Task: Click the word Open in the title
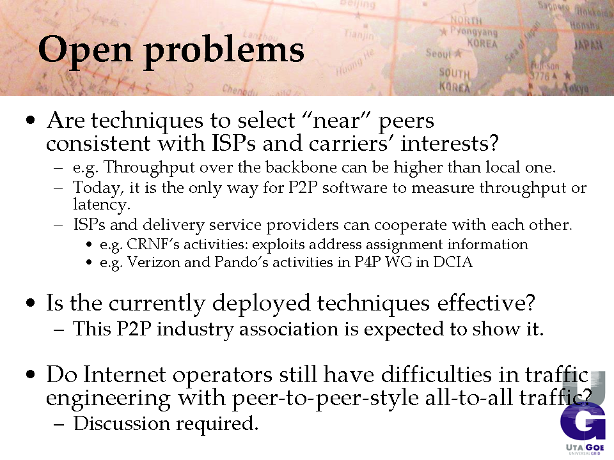pos(85,50)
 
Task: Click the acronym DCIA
pos(453,262)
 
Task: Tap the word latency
pos(102,204)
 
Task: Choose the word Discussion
pos(122,423)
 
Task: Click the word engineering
pos(109,399)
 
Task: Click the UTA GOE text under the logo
pos(585,447)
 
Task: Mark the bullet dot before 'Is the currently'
pos(31,303)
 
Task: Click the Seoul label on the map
pos(439,53)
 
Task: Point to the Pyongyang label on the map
pos(473,31)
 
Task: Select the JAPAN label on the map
pos(588,45)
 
